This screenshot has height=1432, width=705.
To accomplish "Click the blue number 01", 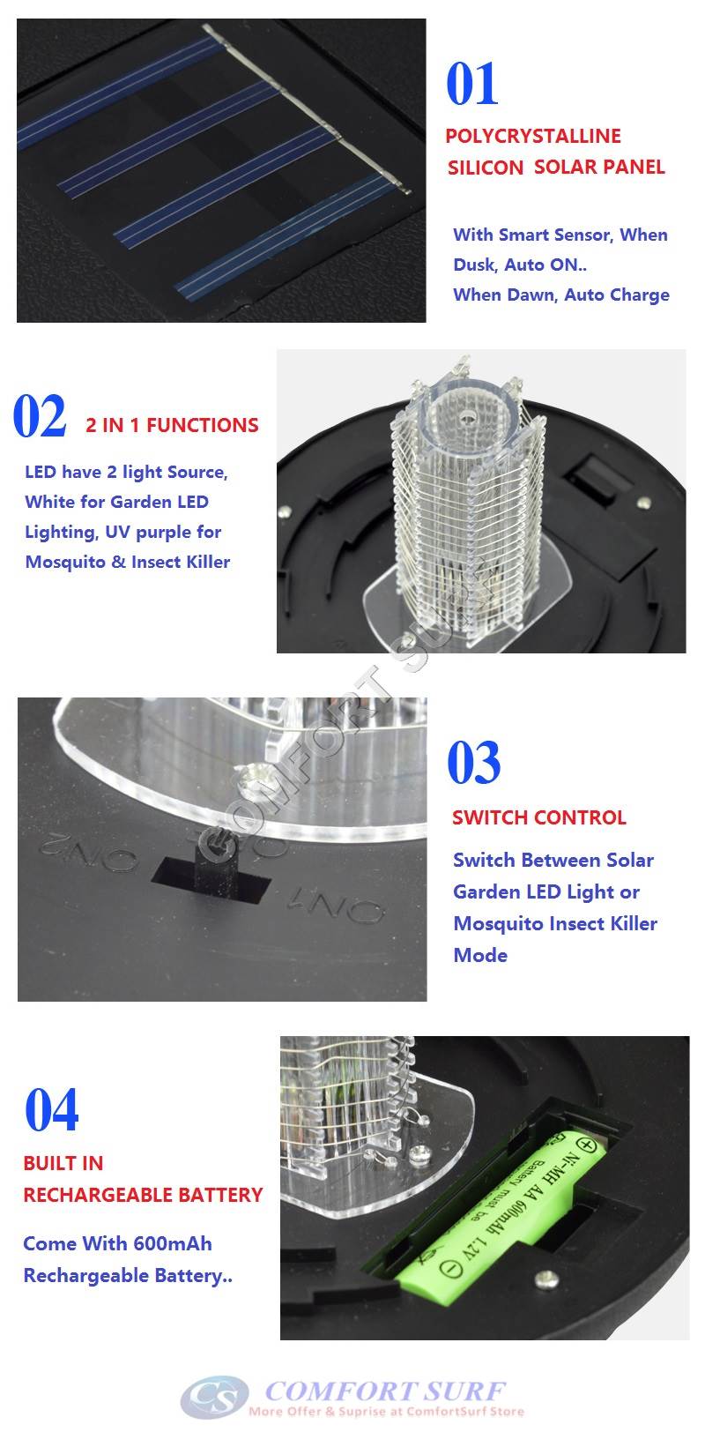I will pyautogui.click(x=472, y=85).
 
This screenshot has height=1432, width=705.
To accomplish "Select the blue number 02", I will pyautogui.click(x=40, y=417).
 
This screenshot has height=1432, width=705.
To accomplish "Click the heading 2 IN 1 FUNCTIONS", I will pyautogui.click(x=172, y=425).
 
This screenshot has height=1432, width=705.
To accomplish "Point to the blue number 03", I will pyautogui.click(x=474, y=763).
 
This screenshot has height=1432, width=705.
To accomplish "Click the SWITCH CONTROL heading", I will pyautogui.click(x=538, y=817).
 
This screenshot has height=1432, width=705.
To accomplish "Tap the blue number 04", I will pyautogui.click(x=52, y=1110).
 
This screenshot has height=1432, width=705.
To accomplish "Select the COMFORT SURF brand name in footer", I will pyautogui.click(x=385, y=1391).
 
